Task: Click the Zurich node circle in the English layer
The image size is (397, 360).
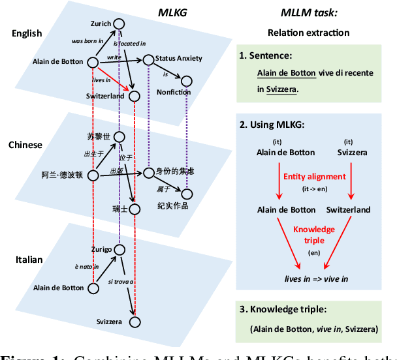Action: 118,24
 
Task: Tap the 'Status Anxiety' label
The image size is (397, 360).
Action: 178,59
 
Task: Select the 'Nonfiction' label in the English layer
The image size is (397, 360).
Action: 174,92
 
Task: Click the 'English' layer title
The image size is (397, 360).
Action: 27,33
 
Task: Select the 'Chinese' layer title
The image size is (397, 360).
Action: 27,145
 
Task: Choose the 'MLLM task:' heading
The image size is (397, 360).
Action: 308,11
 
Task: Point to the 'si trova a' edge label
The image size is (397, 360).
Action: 121,281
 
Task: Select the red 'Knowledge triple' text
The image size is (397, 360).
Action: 313,234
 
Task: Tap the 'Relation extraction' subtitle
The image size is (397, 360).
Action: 308,33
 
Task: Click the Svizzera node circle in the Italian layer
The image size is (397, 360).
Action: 135,322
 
